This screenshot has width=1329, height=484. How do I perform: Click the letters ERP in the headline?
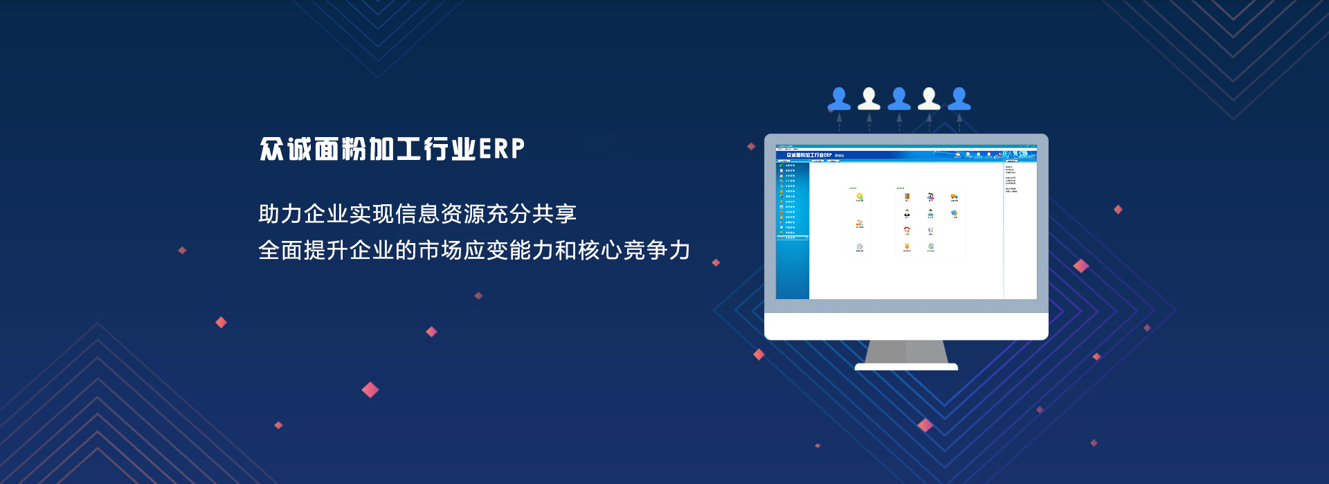click(x=502, y=149)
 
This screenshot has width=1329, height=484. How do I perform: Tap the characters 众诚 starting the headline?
click(x=285, y=149)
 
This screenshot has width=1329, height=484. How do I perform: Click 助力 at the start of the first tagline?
click(x=280, y=214)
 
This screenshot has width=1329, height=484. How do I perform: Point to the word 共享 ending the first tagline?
click(x=554, y=214)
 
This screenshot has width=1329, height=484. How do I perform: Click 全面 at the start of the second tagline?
click(x=280, y=250)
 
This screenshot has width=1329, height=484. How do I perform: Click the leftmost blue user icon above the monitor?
click(x=839, y=99)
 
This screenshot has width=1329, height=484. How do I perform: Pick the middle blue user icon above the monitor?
click(x=899, y=99)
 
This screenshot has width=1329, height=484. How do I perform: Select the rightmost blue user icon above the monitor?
click(x=959, y=99)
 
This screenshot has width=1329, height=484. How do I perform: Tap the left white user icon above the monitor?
click(x=869, y=99)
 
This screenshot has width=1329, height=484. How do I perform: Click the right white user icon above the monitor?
click(x=929, y=99)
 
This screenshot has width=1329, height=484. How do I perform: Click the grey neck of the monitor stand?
click(x=906, y=351)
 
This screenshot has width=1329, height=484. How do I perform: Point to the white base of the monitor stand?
click(x=906, y=367)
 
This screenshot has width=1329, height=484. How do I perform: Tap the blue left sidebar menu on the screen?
click(x=793, y=228)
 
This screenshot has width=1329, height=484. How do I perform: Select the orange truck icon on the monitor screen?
click(x=954, y=197)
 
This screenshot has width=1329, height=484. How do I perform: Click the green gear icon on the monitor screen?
click(x=860, y=197)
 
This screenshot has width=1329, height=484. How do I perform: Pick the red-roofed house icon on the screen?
click(x=907, y=230)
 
